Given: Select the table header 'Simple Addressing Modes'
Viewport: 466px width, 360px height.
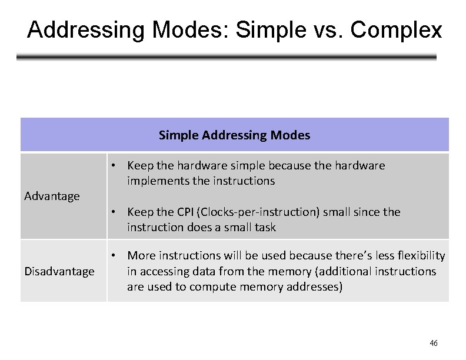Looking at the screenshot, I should click(234, 135).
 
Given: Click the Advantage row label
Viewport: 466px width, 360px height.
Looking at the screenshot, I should click(52, 196).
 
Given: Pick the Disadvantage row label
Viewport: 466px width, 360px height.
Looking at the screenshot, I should click(59, 271).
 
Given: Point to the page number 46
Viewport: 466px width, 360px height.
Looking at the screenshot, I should click(434, 343).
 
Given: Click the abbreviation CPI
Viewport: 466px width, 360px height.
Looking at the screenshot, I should click(184, 212).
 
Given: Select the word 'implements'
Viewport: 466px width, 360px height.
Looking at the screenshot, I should click(155, 181).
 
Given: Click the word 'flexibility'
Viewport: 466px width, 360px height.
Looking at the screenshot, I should click(420, 255).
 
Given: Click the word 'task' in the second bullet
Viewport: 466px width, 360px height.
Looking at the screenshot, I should click(264, 227).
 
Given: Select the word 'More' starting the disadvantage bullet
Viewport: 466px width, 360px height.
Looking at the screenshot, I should click(139, 255).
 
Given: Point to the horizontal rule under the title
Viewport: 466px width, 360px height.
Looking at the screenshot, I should click(227, 58).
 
